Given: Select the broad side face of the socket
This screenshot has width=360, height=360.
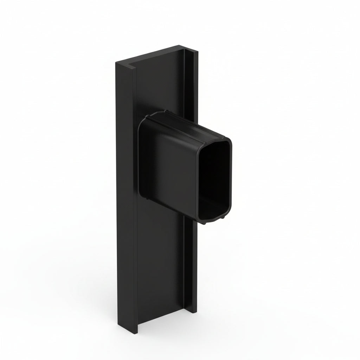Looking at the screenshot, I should pos(169,165).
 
